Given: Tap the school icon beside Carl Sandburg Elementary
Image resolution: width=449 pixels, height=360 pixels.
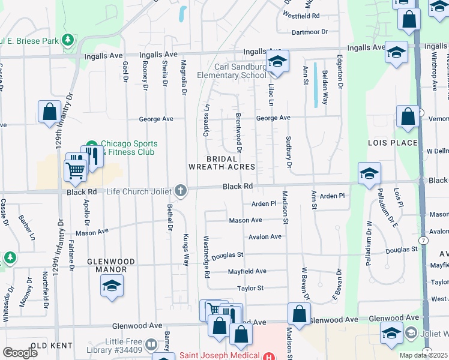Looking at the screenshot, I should [277, 62].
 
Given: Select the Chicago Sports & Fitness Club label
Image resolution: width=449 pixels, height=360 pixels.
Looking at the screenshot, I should [128, 148].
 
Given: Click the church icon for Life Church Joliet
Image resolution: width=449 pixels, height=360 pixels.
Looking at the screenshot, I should [181, 191].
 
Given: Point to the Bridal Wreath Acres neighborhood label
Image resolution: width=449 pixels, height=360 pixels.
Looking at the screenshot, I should [222, 163].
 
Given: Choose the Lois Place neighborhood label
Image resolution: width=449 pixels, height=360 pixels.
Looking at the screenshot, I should [393, 143].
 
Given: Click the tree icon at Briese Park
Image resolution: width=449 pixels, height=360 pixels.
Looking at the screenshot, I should [68, 40].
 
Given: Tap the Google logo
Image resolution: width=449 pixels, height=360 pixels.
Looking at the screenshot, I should [20, 353].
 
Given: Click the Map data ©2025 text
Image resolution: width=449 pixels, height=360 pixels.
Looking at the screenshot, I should [424, 355].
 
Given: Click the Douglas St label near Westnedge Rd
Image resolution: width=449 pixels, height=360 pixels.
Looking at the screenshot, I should [227, 255].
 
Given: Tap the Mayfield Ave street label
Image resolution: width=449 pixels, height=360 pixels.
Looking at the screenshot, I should [247, 271].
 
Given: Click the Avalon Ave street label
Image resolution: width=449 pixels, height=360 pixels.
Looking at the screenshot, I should [265, 236].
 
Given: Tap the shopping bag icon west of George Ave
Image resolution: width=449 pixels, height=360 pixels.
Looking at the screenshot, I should [49, 112].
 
